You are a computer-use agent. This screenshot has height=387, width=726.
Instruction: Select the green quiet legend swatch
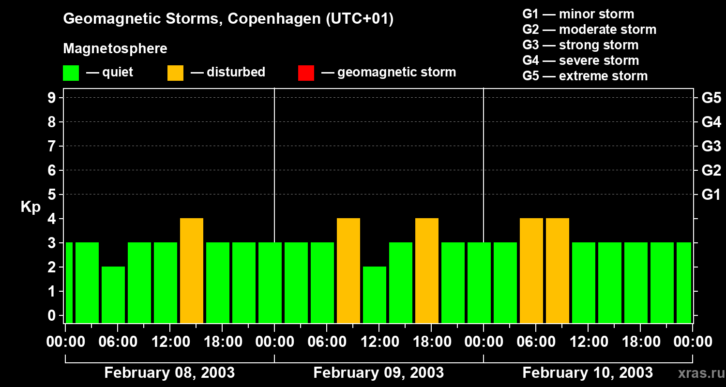pyautogui.click(x=71, y=73)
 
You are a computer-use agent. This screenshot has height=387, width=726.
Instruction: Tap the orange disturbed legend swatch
pyautogui.click(x=175, y=73)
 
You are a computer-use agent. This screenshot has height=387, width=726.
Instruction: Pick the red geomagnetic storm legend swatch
pyautogui.click(x=306, y=73)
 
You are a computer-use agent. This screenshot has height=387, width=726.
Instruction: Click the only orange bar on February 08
pyautogui.click(x=192, y=270)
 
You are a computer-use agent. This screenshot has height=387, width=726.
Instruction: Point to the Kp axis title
pyautogui.click(x=30, y=208)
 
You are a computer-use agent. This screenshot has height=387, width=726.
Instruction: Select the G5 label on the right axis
pyautogui.click(x=711, y=98)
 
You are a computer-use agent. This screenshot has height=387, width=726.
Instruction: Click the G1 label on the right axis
pyautogui.click(x=711, y=194)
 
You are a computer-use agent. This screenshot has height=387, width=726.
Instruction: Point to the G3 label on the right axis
pyautogui.click(x=711, y=146)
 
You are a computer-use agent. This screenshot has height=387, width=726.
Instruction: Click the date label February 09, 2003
pyautogui.click(x=378, y=372)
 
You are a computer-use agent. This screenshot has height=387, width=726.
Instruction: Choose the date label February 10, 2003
pyautogui.click(x=588, y=372)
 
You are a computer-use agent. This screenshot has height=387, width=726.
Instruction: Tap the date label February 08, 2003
pyautogui.click(x=169, y=372)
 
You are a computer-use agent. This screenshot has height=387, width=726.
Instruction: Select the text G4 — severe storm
pyautogui.click(x=581, y=60)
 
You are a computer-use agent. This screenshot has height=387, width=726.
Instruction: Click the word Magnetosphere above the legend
pyautogui.click(x=115, y=49)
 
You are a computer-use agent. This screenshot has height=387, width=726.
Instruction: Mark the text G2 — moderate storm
pyautogui.click(x=590, y=30)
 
